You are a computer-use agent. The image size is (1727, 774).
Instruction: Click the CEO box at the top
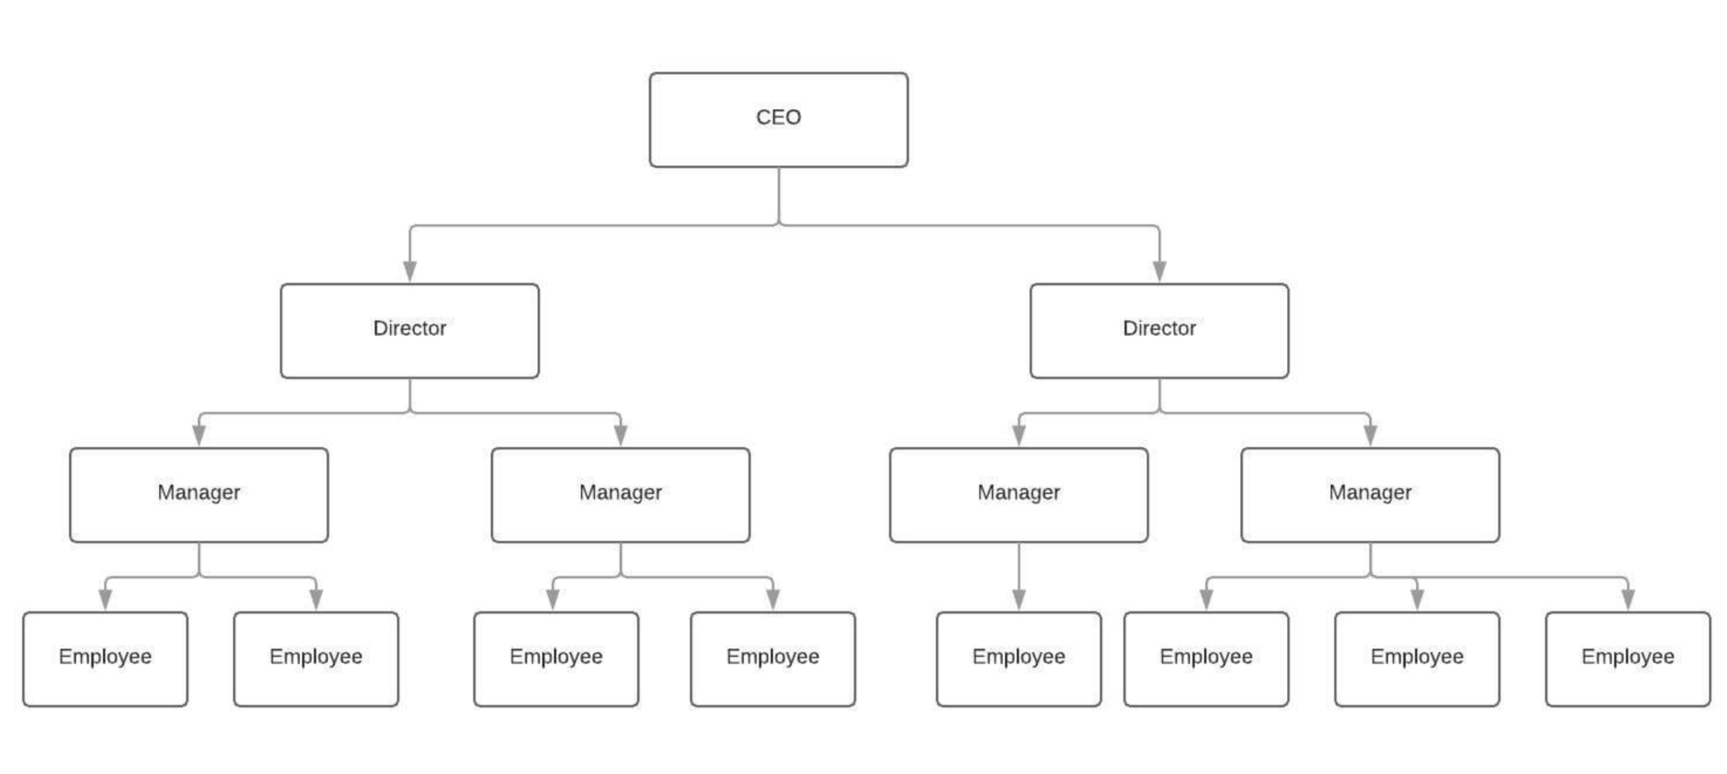[779, 120]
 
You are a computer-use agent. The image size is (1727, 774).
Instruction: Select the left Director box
[410, 330]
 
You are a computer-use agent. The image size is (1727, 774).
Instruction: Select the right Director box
[1159, 330]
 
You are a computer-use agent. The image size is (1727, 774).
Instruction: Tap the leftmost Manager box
[199, 495]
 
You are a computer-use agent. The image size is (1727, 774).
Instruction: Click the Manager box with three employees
[1370, 495]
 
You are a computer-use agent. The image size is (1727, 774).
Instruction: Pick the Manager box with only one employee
[1019, 495]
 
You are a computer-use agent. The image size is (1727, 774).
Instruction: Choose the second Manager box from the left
[620, 495]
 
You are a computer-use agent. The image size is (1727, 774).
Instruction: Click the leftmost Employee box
[105, 659]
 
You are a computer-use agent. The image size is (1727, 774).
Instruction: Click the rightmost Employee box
[1628, 659]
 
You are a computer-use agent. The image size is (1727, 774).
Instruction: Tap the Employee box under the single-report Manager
[1019, 659]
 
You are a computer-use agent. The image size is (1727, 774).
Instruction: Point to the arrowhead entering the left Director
[410, 271]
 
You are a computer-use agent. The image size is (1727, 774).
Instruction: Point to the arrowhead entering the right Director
[1159, 271]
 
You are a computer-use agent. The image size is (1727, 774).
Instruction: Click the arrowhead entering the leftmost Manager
[199, 435]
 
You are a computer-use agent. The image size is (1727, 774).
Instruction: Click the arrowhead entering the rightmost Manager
[1370, 435]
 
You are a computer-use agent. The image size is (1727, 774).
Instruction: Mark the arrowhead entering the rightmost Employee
[1628, 599]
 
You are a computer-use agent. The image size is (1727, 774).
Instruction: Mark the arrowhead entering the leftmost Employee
[105, 599]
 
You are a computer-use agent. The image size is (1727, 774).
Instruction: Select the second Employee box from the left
[316, 659]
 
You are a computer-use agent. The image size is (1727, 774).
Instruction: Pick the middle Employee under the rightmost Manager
[1417, 659]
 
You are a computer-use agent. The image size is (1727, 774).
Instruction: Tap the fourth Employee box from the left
[772, 659]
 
